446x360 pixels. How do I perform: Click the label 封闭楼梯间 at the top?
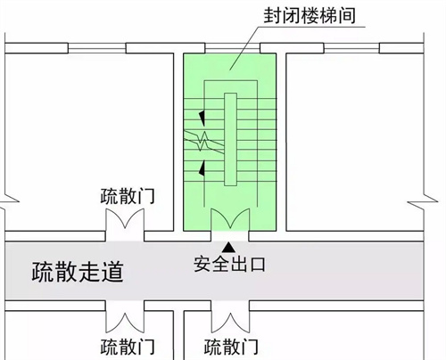[x=310, y=15]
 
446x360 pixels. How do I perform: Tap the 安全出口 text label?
[x=229, y=264]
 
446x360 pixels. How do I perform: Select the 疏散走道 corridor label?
[x=78, y=272]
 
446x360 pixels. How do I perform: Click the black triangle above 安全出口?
[x=228, y=247]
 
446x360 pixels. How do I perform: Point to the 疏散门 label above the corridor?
[x=128, y=196]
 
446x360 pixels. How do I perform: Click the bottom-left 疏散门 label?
[x=128, y=347]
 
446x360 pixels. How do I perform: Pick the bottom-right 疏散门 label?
[x=231, y=347]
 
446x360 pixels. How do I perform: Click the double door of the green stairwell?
[x=230, y=220]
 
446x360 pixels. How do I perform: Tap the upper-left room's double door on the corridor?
[x=125, y=220]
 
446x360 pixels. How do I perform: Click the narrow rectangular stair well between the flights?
[x=230, y=139]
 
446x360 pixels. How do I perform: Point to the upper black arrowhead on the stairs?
[x=202, y=119]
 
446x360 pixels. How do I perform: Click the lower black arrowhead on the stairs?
[x=202, y=168]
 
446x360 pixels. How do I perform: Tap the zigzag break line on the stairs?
[x=204, y=141]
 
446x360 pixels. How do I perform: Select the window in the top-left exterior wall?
[x=97, y=48]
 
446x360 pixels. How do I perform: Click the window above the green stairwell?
[x=233, y=48]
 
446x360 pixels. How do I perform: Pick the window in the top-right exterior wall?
[x=351, y=48]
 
